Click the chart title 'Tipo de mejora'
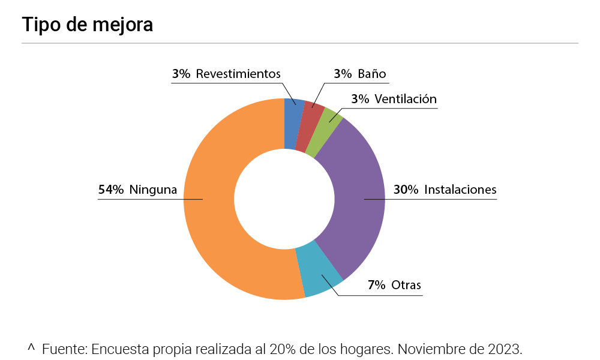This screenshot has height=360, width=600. [x=88, y=25]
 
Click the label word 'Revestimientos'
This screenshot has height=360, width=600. [x=238, y=74]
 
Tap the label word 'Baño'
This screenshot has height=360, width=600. [x=371, y=74]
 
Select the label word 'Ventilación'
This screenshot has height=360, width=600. [x=405, y=99]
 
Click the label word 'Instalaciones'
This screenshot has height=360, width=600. [x=460, y=190]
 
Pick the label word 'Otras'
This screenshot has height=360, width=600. [x=406, y=284]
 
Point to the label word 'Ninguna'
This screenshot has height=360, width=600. [x=153, y=190]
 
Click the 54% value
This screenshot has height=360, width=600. [x=111, y=190]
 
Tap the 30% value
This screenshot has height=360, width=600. [x=406, y=190]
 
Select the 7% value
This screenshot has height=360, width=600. [x=377, y=284]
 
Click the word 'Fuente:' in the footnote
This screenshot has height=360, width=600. [x=65, y=349]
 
